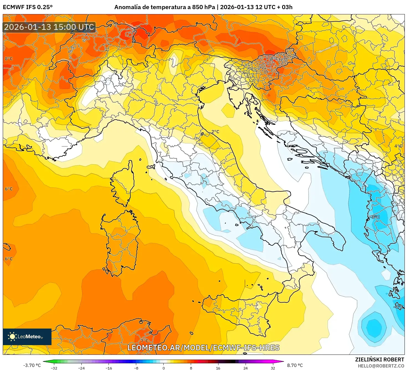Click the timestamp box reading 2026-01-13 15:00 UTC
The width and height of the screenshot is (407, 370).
49,27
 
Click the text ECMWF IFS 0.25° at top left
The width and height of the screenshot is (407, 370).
27,7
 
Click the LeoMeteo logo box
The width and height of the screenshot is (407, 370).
27,337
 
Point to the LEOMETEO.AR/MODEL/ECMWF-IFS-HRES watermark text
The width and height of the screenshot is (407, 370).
203,348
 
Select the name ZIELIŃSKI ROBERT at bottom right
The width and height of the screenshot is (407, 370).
380,359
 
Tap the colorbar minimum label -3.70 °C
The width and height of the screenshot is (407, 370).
32,365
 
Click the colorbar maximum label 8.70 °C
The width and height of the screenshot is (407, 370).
295,365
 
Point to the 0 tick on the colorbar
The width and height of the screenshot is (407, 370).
164,368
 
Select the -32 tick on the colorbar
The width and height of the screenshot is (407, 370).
54,368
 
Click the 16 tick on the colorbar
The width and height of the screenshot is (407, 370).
218,368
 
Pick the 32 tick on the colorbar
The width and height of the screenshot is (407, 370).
273,368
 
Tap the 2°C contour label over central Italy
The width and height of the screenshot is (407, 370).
215,132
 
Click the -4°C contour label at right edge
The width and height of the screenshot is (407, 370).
398,307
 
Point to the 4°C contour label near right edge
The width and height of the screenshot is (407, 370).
398,146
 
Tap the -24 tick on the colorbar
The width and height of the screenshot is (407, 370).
81,368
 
